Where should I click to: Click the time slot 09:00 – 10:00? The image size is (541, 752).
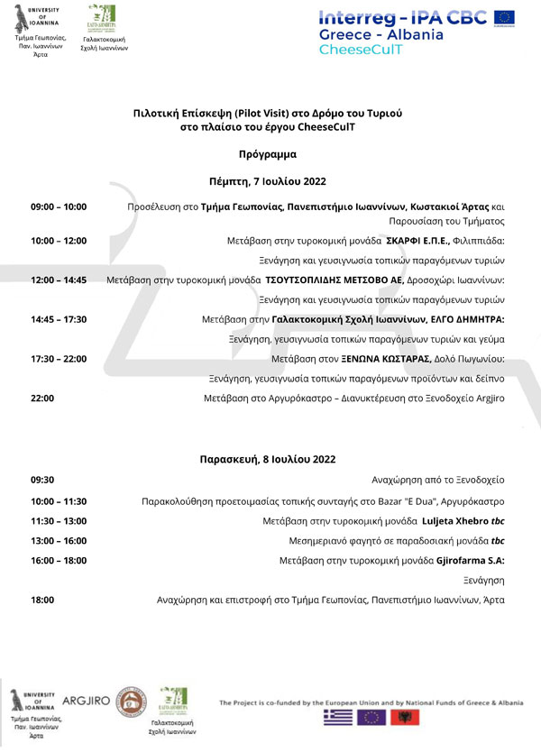(x=59, y=206)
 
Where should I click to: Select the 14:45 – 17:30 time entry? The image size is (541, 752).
(x=59, y=319)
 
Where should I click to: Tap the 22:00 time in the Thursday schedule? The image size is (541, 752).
(x=42, y=398)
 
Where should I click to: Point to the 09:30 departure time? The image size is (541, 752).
(x=42, y=481)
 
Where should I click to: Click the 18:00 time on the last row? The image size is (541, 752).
(x=42, y=600)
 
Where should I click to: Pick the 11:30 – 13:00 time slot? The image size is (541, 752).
(x=59, y=521)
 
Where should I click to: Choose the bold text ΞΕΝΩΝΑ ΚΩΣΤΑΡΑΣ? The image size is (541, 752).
(x=371, y=359)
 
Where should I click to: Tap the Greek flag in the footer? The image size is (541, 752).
(x=339, y=719)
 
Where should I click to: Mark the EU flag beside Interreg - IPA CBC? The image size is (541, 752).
(x=504, y=16)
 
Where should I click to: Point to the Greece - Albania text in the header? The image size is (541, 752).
(x=381, y=34)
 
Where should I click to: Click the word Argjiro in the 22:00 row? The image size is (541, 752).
(x=488, y=398)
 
